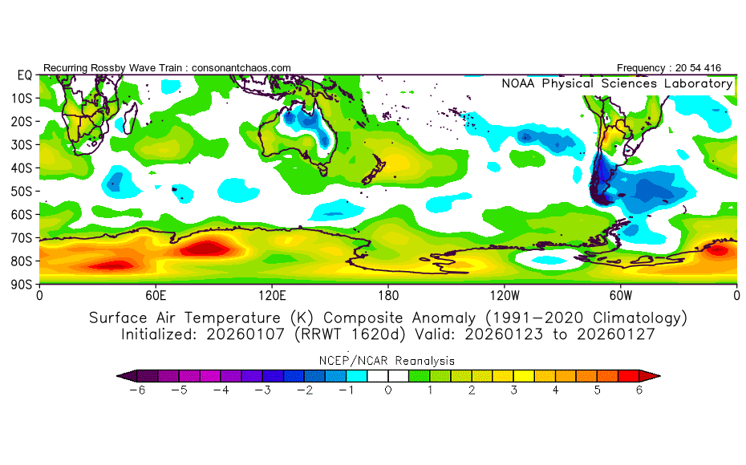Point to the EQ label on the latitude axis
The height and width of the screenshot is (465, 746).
tap(24, 75)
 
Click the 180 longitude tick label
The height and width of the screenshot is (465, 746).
tap(388, 295)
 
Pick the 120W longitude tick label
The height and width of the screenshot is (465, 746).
tap(504, 295)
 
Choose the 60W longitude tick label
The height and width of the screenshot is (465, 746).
tap(620, 295)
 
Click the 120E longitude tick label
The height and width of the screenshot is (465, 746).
tap(272, 295)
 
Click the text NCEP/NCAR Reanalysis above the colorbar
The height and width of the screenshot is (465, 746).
tap(388, 361)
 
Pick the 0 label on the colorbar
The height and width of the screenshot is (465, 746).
tap(387, 390)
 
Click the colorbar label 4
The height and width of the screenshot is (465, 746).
tap(555, 390)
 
